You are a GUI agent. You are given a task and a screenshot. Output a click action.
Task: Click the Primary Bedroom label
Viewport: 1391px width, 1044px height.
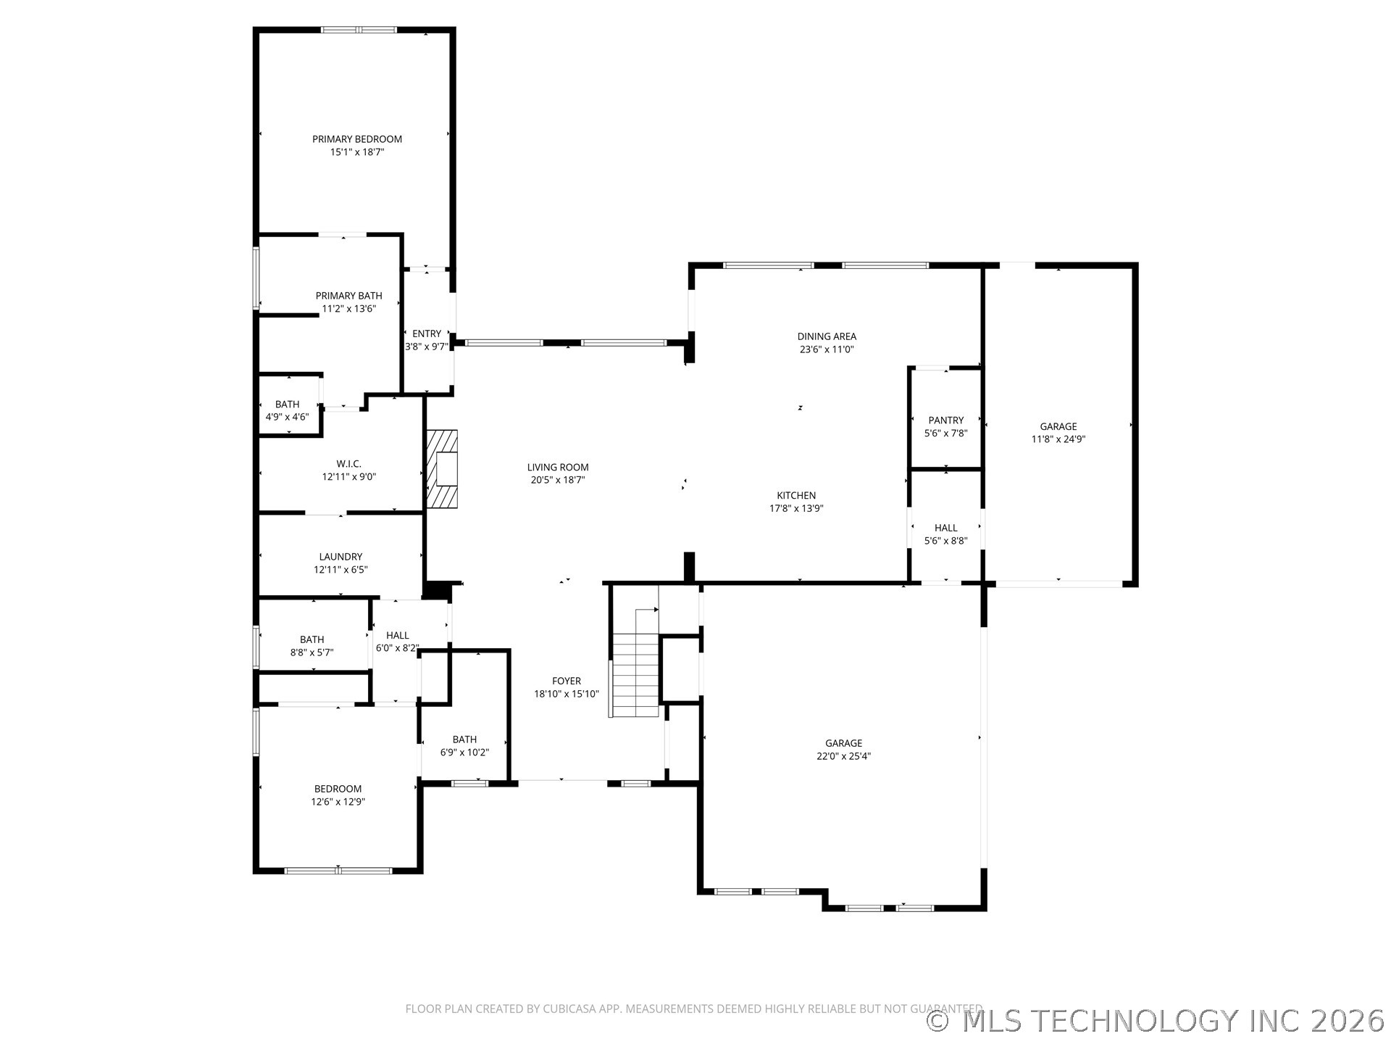click(x=356, y=139)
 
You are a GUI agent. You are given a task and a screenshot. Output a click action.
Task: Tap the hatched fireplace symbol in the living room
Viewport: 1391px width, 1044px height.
click(x=442, y=468)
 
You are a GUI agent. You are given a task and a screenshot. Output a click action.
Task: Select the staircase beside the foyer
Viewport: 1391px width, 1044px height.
click(x=635, y=674)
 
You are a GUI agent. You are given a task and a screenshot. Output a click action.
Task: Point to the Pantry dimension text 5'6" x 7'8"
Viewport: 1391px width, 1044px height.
click(x=945, y=434)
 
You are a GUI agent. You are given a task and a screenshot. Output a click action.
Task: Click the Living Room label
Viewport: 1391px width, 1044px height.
click(x=557, y=468)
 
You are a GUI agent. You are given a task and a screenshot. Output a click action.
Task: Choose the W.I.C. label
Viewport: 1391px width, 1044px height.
click(x=348, y=464)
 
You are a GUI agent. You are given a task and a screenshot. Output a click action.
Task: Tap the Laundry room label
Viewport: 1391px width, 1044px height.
click(x=341, y=557)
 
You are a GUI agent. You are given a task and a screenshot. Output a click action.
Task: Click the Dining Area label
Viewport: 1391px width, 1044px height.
click(x=827, y=336)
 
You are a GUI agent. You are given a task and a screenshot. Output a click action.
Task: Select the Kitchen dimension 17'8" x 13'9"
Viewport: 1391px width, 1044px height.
click(x=796, y=508)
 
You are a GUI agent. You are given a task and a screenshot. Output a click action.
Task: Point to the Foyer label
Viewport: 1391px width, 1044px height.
click(x=566, y=681)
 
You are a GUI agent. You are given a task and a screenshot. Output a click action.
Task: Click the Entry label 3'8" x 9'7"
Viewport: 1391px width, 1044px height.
click(x=427, y=334)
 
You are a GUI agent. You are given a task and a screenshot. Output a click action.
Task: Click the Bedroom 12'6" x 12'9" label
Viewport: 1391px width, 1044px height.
click(x=338, y=789)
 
